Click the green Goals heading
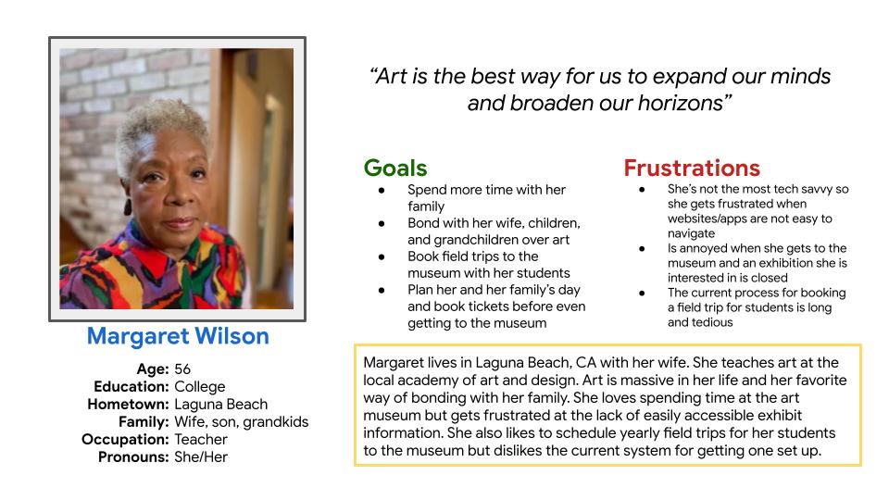click(395, 169)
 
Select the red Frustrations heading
click(692, 169)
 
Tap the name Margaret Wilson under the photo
click(178, 336)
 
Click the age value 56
click(182, 369)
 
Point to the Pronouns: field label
click(133, 456)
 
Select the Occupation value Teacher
click(201, 439)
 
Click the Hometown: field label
click(128, 405)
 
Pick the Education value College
click(200, 387)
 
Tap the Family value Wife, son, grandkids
click(242, 422)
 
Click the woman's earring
click(128, 206)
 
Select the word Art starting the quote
click(391, 77)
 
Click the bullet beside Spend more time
click(382, 191)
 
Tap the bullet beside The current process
click(642, 294)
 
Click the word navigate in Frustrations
click(691, 233)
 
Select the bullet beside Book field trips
click(382, 256)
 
